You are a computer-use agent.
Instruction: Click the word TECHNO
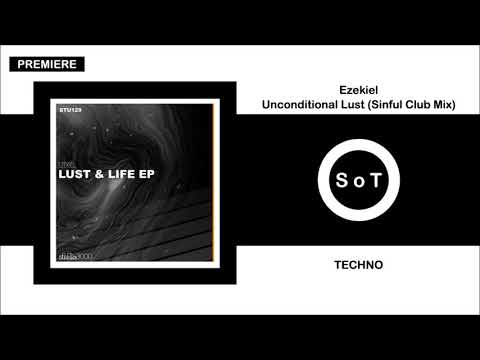tap(355, 268)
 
